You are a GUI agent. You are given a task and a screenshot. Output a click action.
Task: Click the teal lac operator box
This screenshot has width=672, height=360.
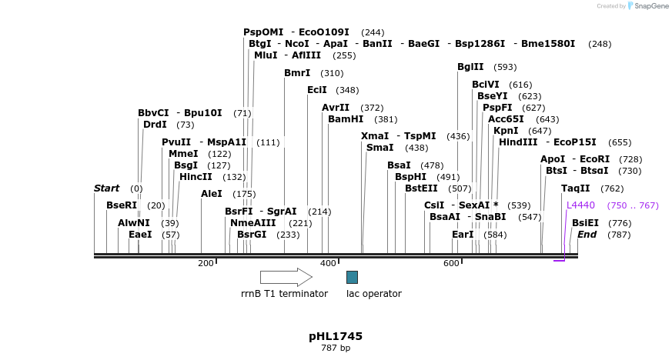tap(352, 277)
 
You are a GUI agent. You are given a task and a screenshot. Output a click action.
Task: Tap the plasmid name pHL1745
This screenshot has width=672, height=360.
tap(336, 336)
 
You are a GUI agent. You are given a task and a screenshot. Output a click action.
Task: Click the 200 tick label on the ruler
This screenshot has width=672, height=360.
tap(206, 263)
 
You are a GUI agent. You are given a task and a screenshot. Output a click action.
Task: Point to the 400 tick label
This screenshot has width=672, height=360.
tap(328, 263)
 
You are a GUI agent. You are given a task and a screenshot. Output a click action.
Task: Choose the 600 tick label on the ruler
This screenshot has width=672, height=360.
tap(451, 263)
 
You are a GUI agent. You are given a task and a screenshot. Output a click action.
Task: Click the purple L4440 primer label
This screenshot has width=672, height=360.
tap(580, 205)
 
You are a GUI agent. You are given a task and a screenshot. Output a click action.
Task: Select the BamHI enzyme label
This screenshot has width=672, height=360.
tap(346, 119)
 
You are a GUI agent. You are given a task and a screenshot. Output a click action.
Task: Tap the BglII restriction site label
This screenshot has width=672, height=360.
tap(470, 67)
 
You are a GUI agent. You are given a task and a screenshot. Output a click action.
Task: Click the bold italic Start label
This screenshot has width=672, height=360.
tap(106, 188)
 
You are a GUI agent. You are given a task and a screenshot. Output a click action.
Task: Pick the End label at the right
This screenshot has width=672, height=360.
tap(587, 235)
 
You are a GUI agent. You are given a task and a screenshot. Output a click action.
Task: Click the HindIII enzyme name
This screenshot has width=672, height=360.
tap(518, 142)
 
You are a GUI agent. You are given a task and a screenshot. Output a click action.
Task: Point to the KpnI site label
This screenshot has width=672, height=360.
tap(506, 131)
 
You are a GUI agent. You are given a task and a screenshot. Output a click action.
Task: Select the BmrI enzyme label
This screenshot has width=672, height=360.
tap(297, 73)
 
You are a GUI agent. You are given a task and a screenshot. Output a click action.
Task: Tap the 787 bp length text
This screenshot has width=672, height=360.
tap(336, 348)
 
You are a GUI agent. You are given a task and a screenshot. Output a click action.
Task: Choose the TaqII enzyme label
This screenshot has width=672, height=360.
tap(575, 188)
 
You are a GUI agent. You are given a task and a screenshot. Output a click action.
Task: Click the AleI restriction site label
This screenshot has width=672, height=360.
tap(212, 194)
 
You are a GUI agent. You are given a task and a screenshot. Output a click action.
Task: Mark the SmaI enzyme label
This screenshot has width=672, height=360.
tap(379, 148)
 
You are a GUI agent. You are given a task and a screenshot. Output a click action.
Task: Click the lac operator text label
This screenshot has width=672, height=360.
tap(373, 294)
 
